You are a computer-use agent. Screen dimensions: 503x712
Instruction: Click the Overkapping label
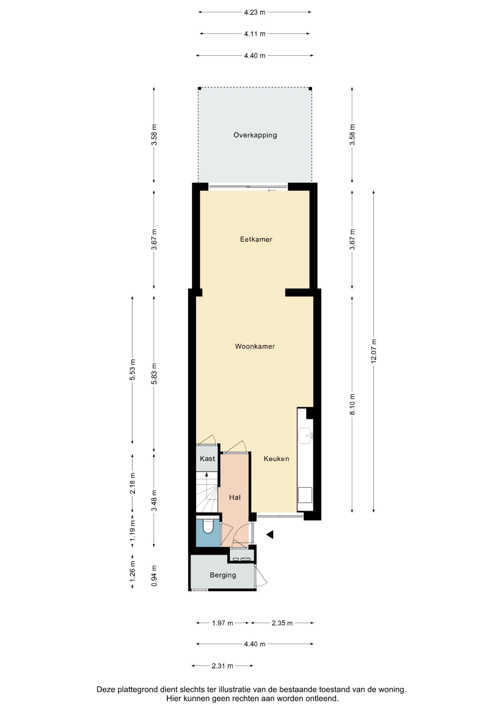(x=255, y=135)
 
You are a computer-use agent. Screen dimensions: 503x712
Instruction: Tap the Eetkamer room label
(x=256, y=239)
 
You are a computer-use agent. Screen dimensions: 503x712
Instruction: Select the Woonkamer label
(x=255, y=346)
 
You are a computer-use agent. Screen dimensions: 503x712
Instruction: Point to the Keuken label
(x=276, y=459)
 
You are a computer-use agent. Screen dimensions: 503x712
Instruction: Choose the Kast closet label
(x=207, y=459)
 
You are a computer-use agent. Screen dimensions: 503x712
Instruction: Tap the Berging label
(x=223, y=575)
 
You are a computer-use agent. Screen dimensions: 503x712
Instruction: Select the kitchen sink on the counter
(x=306, y=435)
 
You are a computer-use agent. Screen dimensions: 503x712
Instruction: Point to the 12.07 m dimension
(x=374, y=351)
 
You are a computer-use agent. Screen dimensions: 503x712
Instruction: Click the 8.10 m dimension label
(x=352, y=404)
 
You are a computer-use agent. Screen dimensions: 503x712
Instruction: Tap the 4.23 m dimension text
(x=255, y=12)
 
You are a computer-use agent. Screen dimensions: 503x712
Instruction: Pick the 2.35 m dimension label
(x=282, y=623)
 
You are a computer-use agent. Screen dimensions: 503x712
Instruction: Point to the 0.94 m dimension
(x=154, y=576)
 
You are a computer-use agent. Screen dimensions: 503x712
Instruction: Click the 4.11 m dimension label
(x=255, y=34)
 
